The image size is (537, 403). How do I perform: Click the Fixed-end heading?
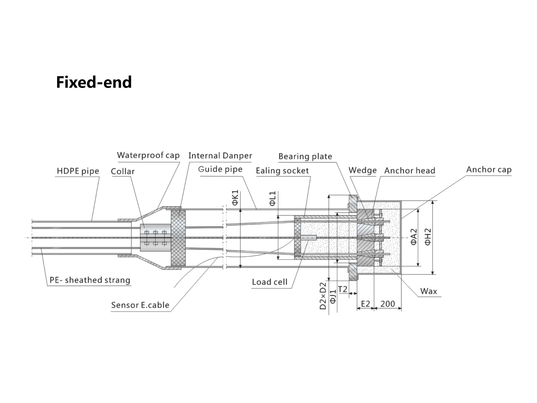pos(94,82)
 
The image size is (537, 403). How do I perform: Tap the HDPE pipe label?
pos(78,171)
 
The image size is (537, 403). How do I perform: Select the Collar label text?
pos(123,171)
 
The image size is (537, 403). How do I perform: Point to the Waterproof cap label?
pos(148,155)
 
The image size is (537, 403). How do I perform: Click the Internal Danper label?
pos(220,156)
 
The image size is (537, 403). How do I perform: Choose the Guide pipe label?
pos(220,169)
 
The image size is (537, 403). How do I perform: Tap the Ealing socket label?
pos(282,171)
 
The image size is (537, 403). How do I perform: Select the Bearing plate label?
pos(305,157)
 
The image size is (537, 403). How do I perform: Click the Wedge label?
pos(363,170)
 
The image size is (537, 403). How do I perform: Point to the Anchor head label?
pos(410,171)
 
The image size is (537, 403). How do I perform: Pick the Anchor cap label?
pos(489,170)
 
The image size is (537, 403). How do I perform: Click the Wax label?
pos(428,291)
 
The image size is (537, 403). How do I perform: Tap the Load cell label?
pos(269,282)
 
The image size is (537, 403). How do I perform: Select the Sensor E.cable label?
pos(140,305)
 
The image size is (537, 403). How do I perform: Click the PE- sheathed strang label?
pos(90,280)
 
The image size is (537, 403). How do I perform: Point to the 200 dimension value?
pos(387,304)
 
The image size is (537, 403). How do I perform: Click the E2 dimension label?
pos(365,304)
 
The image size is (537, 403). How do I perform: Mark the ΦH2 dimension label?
pos(428,237)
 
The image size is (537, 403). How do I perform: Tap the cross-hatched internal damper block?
pos(178,238)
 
